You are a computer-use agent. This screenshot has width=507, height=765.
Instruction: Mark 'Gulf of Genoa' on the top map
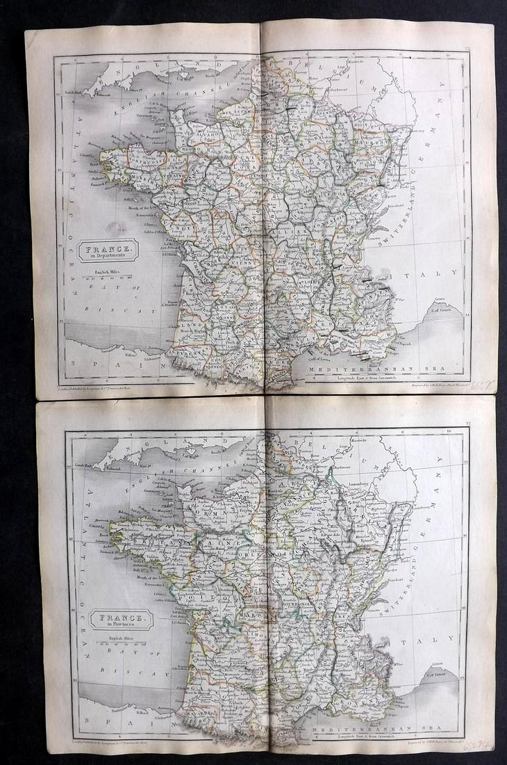pyautogui.click(x=445, y=308)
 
